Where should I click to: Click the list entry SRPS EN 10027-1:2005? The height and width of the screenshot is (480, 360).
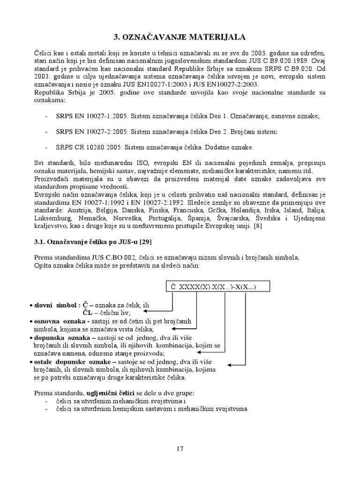pos(90,116)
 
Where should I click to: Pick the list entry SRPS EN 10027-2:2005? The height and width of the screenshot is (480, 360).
pos(90,132)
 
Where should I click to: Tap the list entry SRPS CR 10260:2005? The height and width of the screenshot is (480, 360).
pos(88,147)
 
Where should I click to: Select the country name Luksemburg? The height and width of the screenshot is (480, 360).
pos(53,218)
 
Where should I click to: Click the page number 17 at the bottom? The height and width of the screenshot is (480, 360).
pos(180,449)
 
